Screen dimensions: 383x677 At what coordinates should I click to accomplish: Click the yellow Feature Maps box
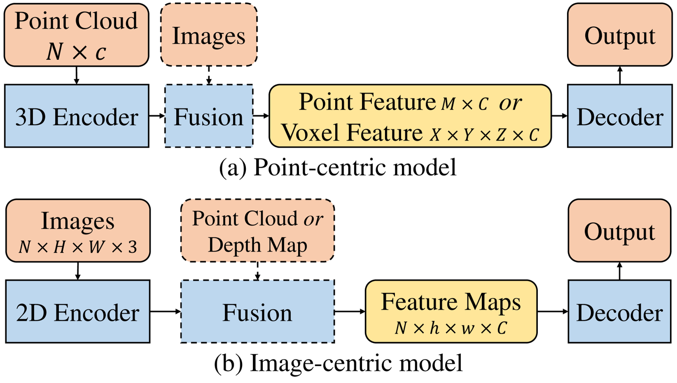tap(450, 311)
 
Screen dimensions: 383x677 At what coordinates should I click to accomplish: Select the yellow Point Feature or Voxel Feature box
tap(409, 116)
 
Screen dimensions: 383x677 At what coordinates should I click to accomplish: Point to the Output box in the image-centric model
tap(620, 231)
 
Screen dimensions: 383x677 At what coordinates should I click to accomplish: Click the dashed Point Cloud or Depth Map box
tap(257, 231)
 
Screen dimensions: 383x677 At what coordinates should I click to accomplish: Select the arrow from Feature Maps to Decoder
tap(552, 311)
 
